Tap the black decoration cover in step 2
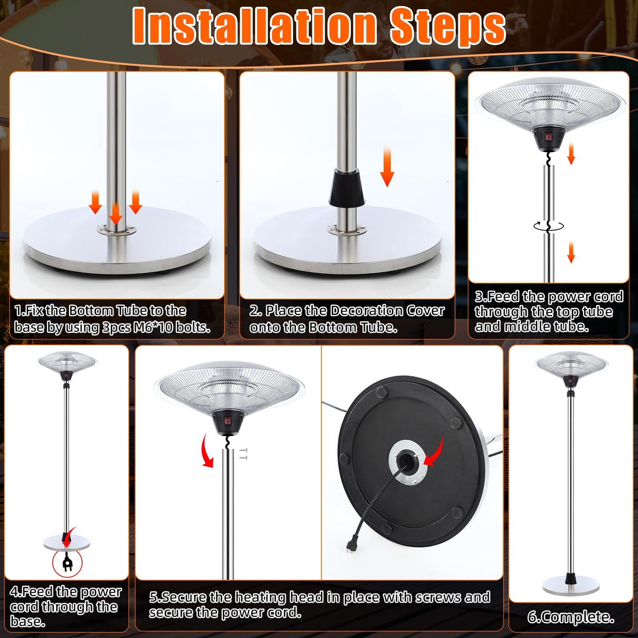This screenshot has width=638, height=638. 347,188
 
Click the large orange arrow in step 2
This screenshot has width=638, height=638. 387,167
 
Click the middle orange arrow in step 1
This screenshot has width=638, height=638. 115,214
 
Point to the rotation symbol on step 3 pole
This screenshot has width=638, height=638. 548,226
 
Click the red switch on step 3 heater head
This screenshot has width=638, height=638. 548,137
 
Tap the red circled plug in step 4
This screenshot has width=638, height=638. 67,563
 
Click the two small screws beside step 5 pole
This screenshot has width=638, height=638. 244,454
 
